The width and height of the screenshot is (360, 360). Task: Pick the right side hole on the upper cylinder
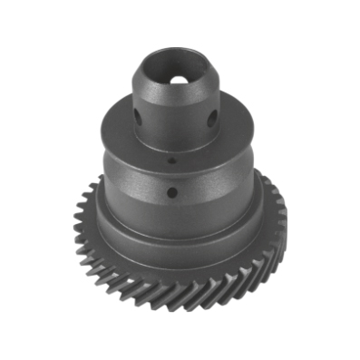coord(211,118)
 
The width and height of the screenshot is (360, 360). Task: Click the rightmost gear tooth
coord(282,218)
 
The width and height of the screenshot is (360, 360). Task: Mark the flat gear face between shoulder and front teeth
coord(177,270)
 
